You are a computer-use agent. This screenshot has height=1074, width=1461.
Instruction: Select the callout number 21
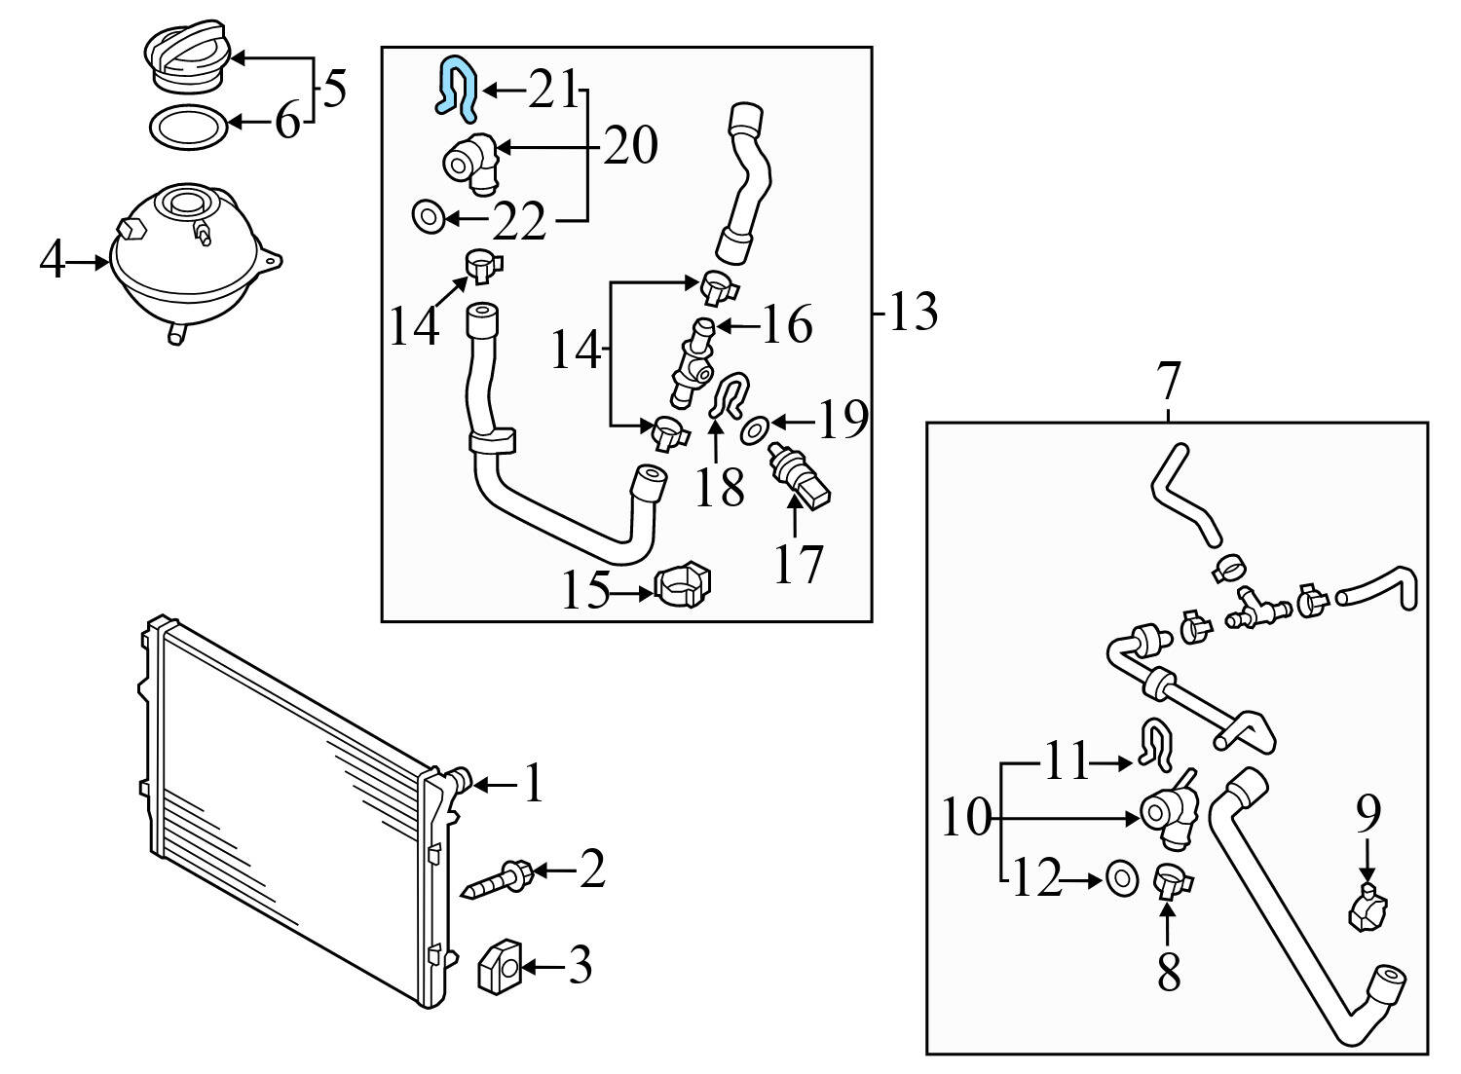tap(553, 90)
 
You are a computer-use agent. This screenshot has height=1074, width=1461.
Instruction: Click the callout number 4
tap(53, 260)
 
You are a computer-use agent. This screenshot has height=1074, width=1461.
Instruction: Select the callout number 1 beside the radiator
tap(534, 783)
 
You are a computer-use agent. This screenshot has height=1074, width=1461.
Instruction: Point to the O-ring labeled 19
tap(755, 432)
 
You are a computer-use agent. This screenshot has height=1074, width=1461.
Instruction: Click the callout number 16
tap(786, 323)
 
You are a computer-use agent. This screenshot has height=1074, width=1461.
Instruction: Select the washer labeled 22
tap(428, 216)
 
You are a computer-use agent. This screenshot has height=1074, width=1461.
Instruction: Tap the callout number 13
tap(914, 312)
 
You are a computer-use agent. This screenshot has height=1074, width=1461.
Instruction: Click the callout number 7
tap(1168, 382)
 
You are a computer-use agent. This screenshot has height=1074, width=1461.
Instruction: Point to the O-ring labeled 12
tap(1122, 877)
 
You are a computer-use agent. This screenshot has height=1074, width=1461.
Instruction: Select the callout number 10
tap(966, 817)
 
